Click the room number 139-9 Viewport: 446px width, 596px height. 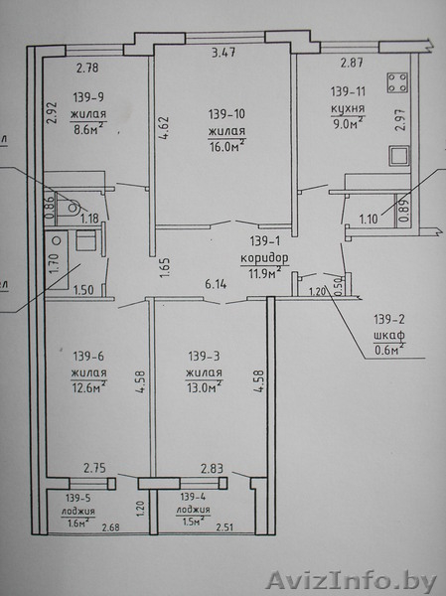88,97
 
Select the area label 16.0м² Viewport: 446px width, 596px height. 226,146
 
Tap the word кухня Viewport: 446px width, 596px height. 348,108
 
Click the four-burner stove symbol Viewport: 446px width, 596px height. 397,82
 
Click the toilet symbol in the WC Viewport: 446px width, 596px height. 72,207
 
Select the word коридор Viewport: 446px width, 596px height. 264,258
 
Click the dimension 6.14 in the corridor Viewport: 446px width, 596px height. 216,284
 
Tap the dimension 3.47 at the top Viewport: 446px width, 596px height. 223,52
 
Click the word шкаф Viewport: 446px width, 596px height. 388,336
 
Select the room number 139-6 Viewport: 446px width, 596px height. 88,357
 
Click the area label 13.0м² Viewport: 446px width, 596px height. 205,387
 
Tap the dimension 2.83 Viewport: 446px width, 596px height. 212,468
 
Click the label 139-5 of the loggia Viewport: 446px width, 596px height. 77,498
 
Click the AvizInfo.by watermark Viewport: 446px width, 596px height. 352,580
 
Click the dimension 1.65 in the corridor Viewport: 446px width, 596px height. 164,268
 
